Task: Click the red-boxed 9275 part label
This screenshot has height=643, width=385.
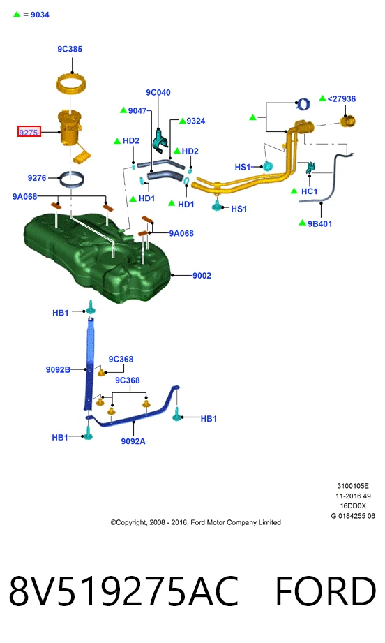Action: tap(29, 132)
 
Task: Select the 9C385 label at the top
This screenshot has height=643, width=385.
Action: tap(70, 49)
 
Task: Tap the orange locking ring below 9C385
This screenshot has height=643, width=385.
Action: tap(71, 83)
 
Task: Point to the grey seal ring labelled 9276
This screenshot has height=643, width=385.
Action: tap(72, 179)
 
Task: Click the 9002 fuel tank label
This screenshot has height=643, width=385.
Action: tap(202, 276)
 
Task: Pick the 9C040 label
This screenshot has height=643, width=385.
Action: tap(158, 93)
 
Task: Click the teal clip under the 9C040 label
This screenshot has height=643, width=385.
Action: tap(160, 140)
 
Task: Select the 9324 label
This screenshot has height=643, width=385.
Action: tap(196, 121)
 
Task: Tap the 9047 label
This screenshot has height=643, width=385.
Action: tap(137, 111)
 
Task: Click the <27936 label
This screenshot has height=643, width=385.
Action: tap(342, 99)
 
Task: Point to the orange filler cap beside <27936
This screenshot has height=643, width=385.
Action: tap(348, 121)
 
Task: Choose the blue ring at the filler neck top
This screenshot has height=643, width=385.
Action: tap(303, 104)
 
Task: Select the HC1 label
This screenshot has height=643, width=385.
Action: tap(309, 191)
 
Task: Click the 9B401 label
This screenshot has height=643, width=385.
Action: tap(320, 224)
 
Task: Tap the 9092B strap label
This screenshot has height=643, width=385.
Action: tap(58, 369)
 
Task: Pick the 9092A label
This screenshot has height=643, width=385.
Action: tap(133, 441)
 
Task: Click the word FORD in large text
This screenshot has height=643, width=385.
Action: tap(326, 591)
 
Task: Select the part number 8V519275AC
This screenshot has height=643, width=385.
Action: tap(123, 591)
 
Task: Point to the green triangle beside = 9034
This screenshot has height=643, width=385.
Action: tap(17, 15)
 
